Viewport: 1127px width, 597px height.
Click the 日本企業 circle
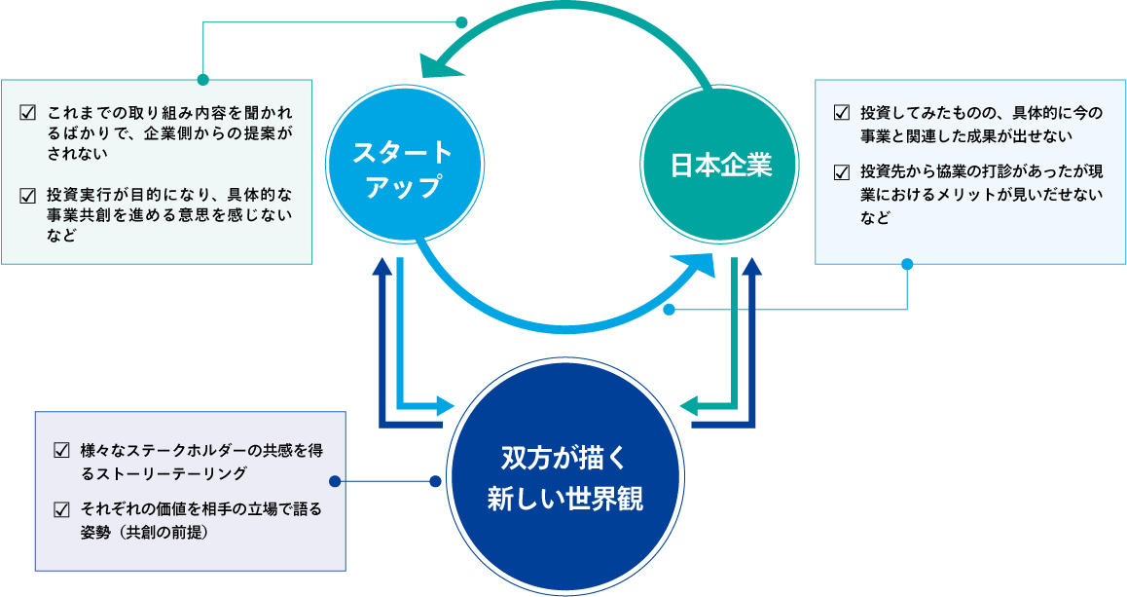click(721, 167)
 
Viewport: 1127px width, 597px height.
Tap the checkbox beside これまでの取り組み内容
click(27, 112)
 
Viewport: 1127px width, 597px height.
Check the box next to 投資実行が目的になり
click(27, 195)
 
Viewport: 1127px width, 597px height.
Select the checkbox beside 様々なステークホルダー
click(62, 451)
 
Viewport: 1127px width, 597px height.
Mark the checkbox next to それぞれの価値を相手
click(62, 510)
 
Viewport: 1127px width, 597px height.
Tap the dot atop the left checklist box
click(202, 79)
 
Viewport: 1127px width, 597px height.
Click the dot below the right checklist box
click(907, 264)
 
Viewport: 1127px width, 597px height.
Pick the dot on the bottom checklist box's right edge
click(336, 481)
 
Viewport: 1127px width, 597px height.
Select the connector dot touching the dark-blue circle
click(435, 481)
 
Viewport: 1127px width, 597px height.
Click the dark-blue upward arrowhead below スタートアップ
click(382, 269)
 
